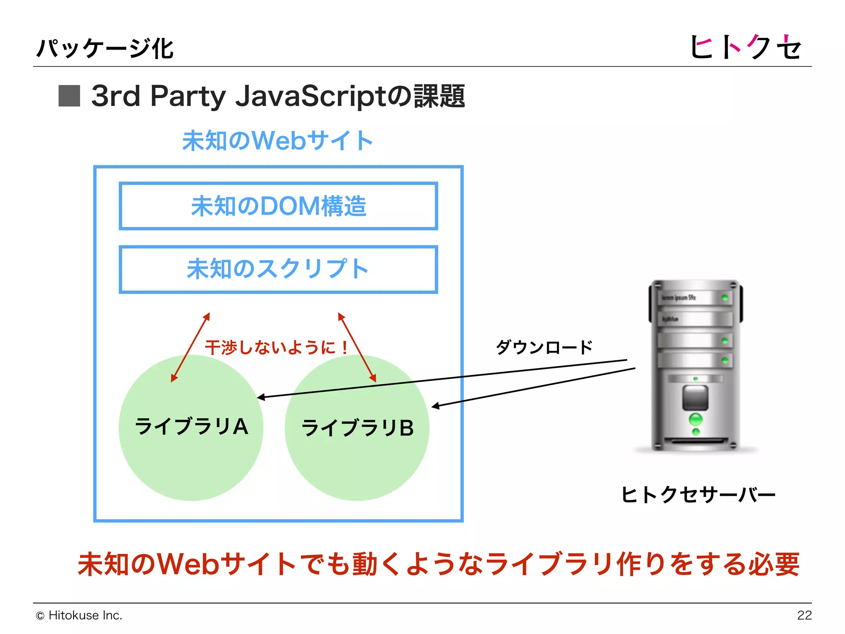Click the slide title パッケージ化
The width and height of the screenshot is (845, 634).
pyautogui.click(x=105, y=49)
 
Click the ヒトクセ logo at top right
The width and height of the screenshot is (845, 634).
pyautogui.click(x=745, y=47)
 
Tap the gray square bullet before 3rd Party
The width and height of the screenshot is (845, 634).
pyautogui.click(x=69, y=96)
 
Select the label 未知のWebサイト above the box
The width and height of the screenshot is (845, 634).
pyautogui.click(x=278, y=141)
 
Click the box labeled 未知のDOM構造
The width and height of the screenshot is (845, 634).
pyautogui.click(x=278, y=206)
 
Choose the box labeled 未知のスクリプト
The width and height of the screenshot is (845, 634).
pyautogui.click(x=278, y=269)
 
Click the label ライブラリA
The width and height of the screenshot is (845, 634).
pyautogui.click(x=191, y=426)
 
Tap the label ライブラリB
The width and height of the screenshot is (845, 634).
pyautogui.click(x=357, y=428)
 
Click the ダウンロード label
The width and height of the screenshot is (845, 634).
pyautogui.click(x=544, y=347)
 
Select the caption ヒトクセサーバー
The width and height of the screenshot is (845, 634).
pyautogui.click(x=698, y=494)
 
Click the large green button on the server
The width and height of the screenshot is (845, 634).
pyautogui.click(x=696, y=419)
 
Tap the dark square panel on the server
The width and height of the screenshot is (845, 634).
pyautogui.click(x=695, y=397)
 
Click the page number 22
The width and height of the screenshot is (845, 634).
pyautogui.click(x=804, y=615)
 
